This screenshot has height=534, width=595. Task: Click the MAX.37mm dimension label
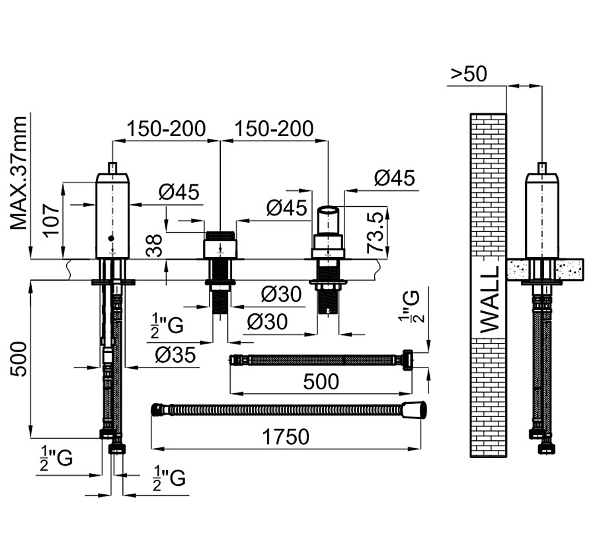click(x=19, y=173)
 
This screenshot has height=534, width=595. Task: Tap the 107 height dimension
click(x=50, y=221)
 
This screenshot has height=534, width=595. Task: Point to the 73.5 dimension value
click(x=376, y=232)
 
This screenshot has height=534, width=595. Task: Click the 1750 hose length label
click(x=286, y=437)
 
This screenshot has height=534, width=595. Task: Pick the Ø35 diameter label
click(x=175, y=355)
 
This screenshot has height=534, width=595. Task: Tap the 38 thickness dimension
click(x=155, y=245)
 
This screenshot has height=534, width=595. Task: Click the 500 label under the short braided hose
click(x=321, y=381)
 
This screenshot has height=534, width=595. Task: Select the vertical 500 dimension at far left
click(x=19, y=359)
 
